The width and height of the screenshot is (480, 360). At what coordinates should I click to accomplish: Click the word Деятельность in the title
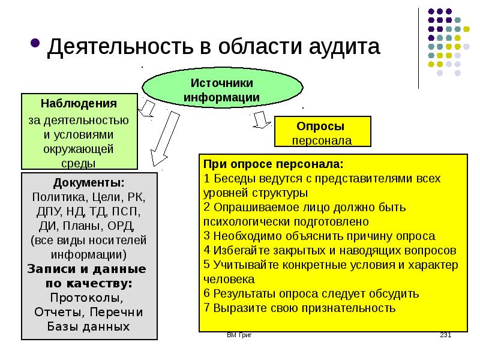(x=121, y=47)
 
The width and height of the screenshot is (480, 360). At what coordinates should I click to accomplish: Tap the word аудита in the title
(x=344, y=47)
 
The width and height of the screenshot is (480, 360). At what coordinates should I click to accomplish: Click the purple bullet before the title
(x=35, y=43)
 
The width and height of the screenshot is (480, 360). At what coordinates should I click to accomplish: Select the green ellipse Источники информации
(x=222, y=88)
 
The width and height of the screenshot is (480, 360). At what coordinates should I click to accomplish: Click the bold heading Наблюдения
(x=79, y=103)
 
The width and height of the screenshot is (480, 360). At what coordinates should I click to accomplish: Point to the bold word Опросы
(x=320, y=126)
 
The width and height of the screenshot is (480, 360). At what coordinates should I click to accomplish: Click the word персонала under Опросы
(x=322, y=140)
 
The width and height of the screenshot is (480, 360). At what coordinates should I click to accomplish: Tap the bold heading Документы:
(x=89, y=183)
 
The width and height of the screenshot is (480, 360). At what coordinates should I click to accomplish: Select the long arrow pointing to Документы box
(x=164, y=139)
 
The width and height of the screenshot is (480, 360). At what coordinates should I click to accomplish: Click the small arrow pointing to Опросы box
(x=261, y=119)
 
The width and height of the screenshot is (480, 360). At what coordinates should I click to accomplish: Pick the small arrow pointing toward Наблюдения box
(x=146, y=108)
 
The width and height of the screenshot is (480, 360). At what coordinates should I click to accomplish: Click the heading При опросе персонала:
(x=274, y=164)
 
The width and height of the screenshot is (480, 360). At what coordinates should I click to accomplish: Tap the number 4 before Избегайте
(x=207, y=250)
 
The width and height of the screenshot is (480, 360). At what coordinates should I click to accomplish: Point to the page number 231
(x=446, y=335)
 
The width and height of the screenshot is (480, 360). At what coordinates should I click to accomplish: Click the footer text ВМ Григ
(x=239, y=335)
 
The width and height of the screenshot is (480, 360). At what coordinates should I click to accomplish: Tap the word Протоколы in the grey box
(x=86, y=298)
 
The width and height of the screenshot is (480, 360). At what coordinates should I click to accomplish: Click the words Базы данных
(x=88, y=326)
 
